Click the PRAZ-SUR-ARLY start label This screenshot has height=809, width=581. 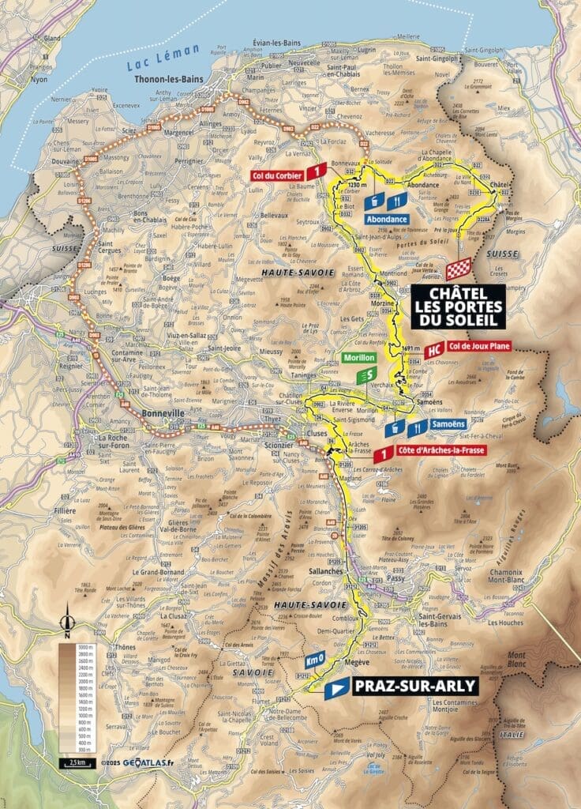[415, 685]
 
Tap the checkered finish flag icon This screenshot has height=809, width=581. [459, 269]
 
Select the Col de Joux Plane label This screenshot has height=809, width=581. [479, 345]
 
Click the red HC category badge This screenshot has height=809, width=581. [433, 350]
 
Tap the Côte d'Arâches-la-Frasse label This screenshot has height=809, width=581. [440, 450]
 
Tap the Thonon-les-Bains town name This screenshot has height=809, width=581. [169, 79]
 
